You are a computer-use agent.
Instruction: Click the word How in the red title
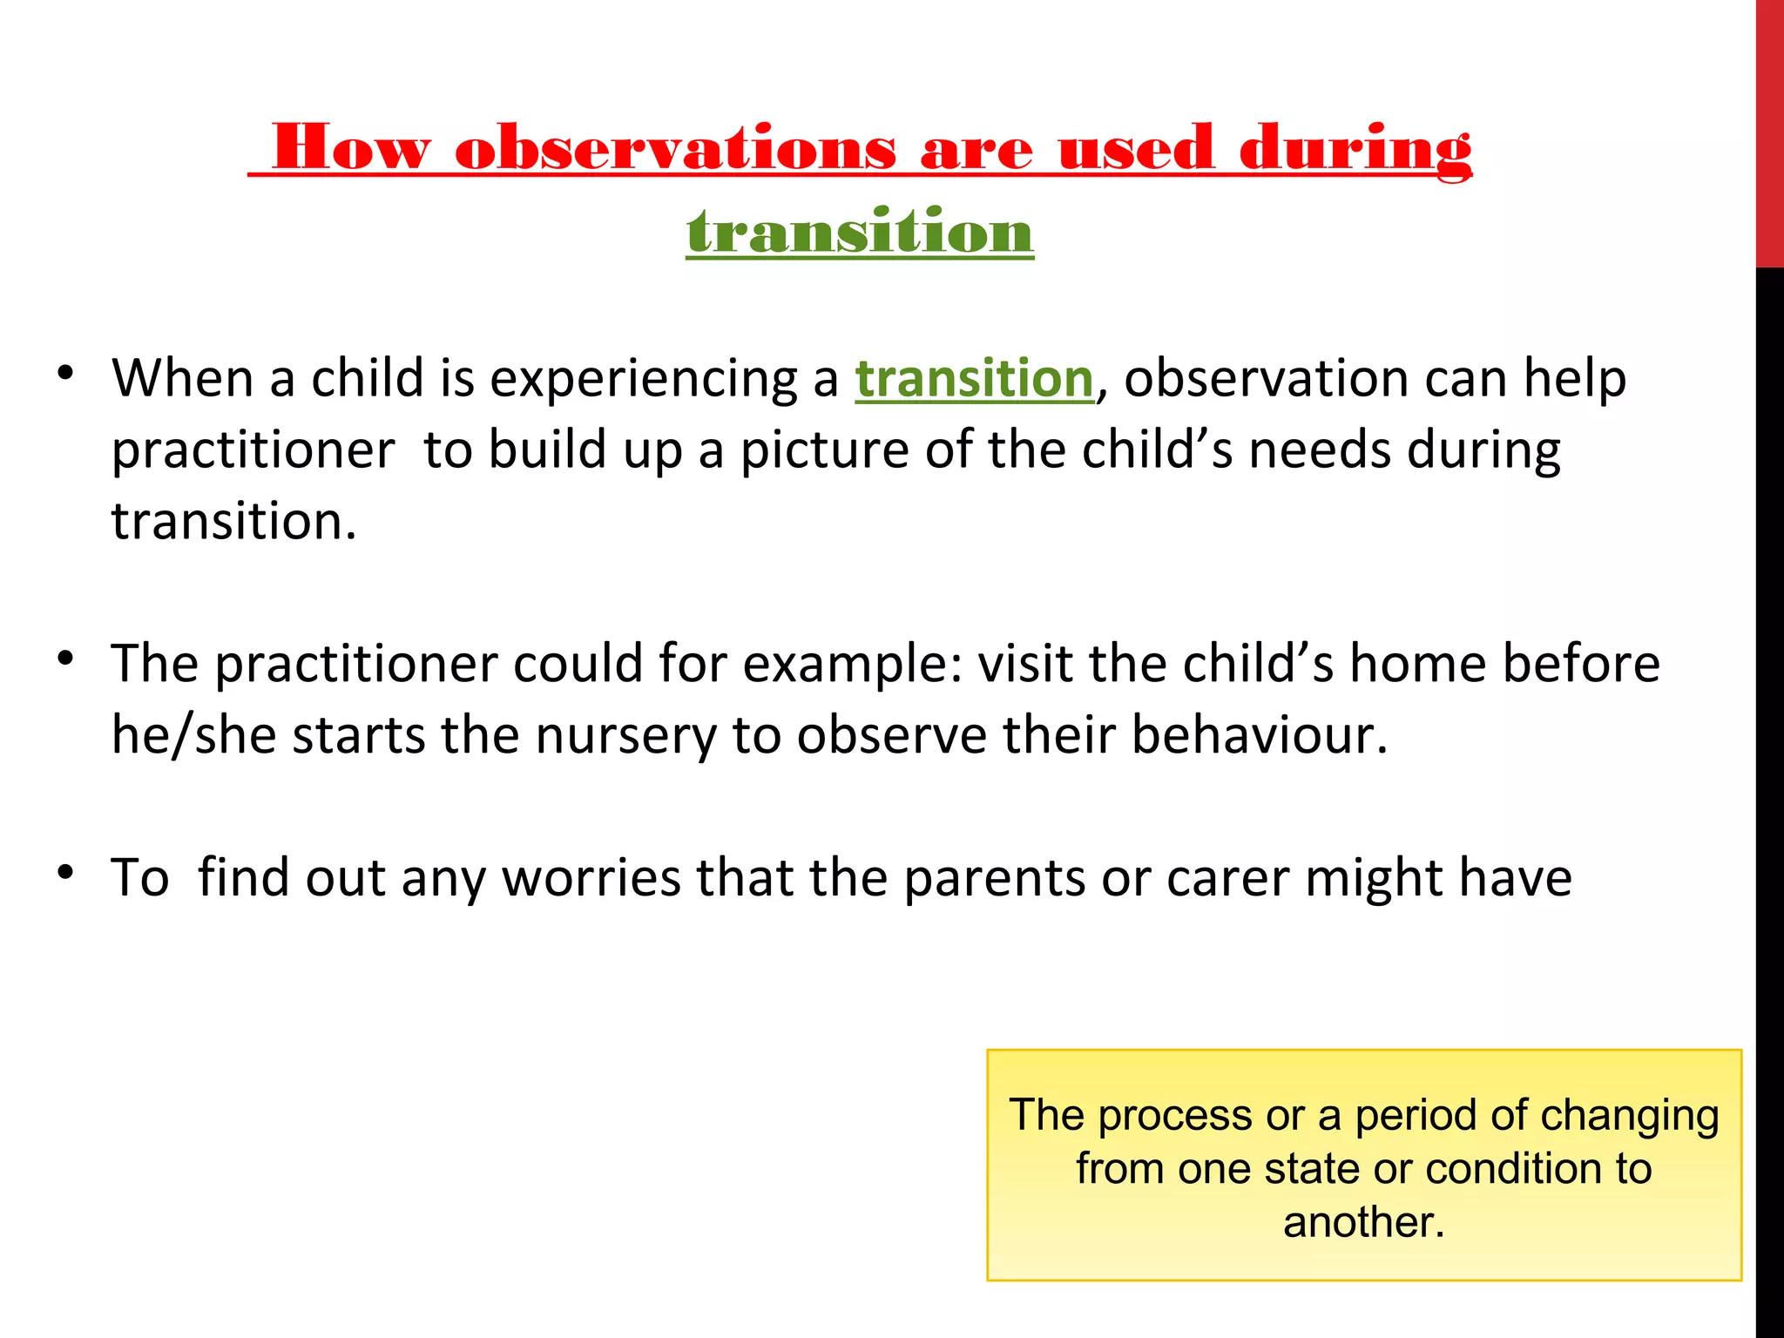tap(351, 148)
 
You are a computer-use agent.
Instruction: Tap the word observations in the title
tap(675, 148)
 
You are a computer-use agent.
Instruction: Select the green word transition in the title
tap(860, 232)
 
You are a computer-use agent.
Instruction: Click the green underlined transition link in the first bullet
tap(974, 379)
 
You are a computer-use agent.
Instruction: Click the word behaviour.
tap(1259, 734)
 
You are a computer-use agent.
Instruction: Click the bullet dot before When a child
tap(65, 375)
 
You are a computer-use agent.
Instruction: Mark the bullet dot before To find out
tap(65, 872)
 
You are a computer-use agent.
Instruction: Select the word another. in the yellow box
tap(1364, 1222)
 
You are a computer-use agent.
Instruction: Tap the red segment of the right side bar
tap(1769, 131)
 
